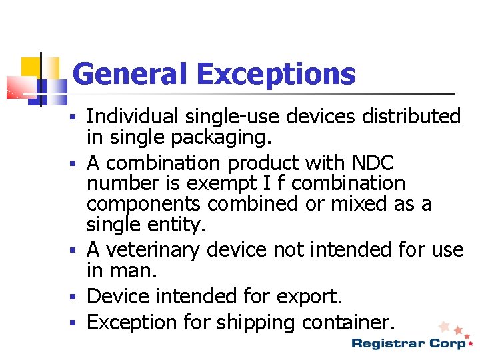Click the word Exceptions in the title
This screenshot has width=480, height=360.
[x=277, y=75]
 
